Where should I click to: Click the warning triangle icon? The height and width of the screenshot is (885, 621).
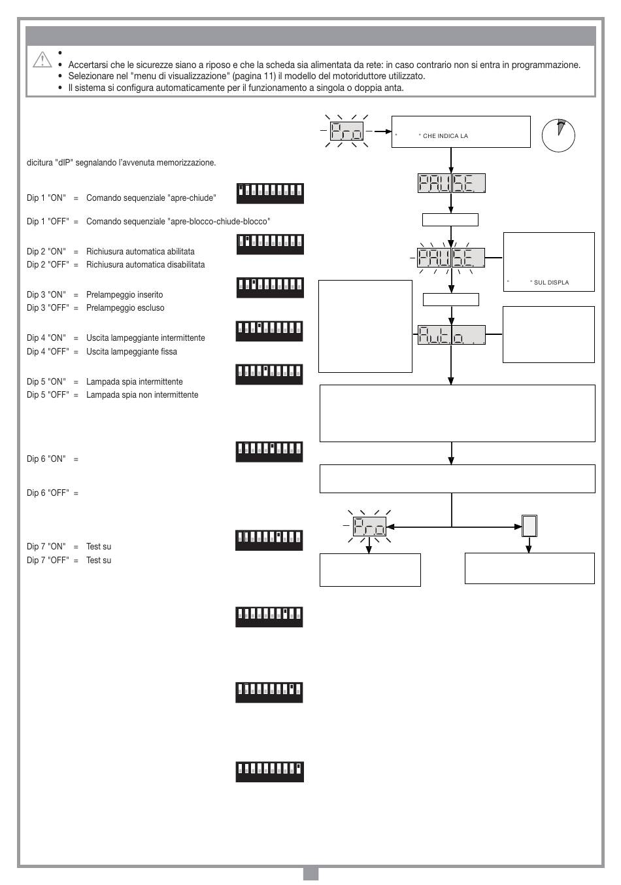(42, 60)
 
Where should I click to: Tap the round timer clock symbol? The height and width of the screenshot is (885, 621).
(558, 135)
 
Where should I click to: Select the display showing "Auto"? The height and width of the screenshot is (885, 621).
(451, 335)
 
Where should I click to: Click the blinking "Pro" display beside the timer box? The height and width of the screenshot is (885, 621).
(346, 131)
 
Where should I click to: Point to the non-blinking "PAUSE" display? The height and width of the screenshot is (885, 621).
(451, 183)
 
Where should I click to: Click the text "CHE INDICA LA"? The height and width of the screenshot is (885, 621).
(445, 136)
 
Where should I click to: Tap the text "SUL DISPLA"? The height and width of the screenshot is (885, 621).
(551, 283)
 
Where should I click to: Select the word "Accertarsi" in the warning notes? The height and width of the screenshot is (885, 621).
(88, 65)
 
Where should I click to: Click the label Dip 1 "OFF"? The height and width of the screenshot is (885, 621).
(48, 221)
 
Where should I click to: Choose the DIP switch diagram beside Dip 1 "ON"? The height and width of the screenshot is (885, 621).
(270, 194)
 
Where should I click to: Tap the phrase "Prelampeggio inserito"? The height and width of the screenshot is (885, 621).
(124, 295)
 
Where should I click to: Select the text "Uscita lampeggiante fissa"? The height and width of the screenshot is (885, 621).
(131, 352)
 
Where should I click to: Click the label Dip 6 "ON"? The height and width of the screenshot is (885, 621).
(46, 459)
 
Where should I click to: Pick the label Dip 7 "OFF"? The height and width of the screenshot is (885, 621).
(48, 560)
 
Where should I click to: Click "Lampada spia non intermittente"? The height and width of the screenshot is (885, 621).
(142, 394)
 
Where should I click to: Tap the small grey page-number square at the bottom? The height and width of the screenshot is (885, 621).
(310, 873)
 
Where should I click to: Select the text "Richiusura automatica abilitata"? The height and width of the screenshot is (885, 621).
(140, 252)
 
